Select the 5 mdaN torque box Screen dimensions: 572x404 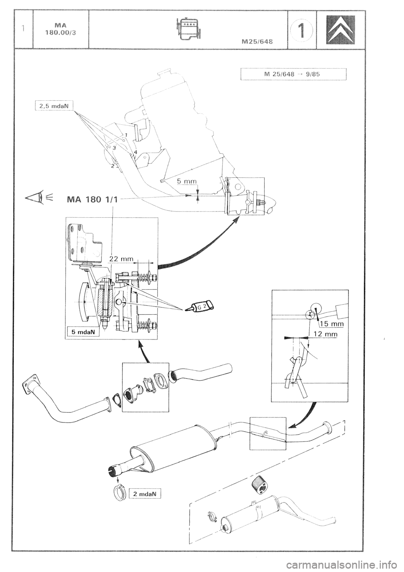(x=82, y=331)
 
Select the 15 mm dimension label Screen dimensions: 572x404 (x=332, y=323)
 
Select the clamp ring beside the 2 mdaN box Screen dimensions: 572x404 (x=120, y=492)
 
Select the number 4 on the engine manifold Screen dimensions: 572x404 (x=136, y=151)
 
